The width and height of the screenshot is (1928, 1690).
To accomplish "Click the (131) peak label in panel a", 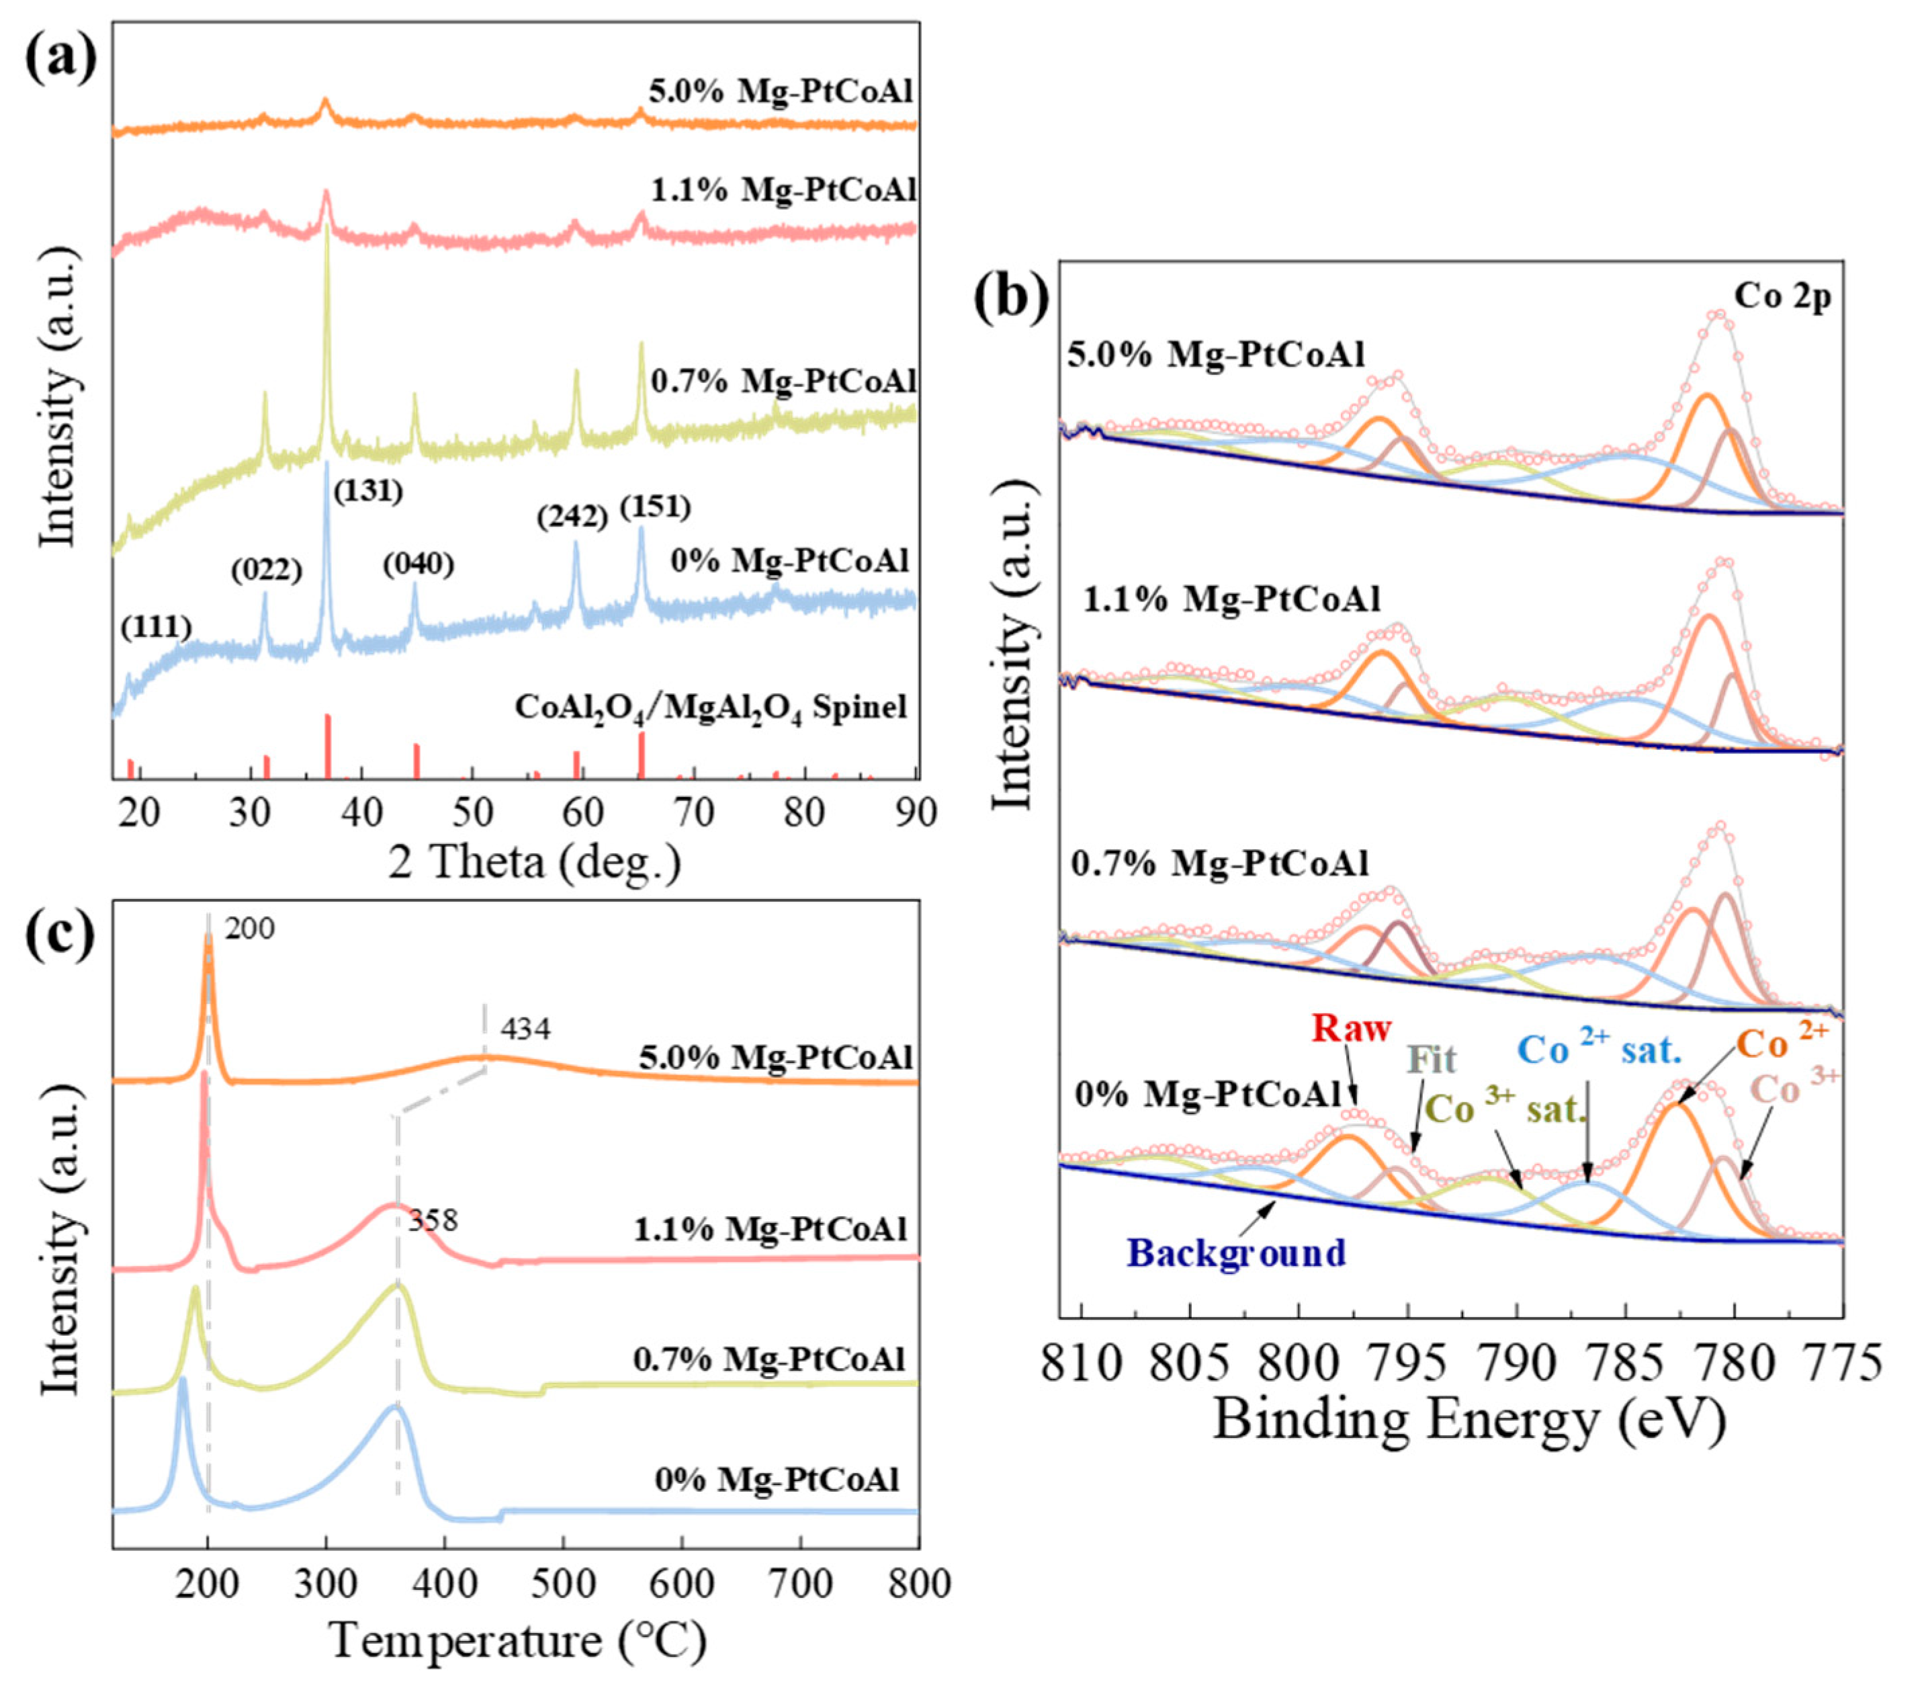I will pos(367,491).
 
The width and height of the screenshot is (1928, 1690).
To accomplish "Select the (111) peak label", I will pos(157,626).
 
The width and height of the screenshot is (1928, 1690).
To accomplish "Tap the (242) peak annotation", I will pos(572,517).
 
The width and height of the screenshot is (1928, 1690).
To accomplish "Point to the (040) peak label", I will pos(418,565).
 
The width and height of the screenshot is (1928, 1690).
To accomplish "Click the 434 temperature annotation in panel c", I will pos(525,1028).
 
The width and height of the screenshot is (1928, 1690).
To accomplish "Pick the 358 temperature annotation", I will pos(433,1220).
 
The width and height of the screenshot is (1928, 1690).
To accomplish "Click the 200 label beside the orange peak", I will pos(250,929).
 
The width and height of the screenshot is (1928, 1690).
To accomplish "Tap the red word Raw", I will pos(1351,1027).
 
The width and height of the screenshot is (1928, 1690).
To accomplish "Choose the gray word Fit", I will pos(1432,1059).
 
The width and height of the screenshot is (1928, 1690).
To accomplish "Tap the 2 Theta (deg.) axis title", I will pos(535,861).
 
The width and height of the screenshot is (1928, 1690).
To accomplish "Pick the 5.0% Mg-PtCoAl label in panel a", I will pos(781,91).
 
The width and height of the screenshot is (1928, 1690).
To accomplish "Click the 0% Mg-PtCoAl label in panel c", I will pos(777,1480).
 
